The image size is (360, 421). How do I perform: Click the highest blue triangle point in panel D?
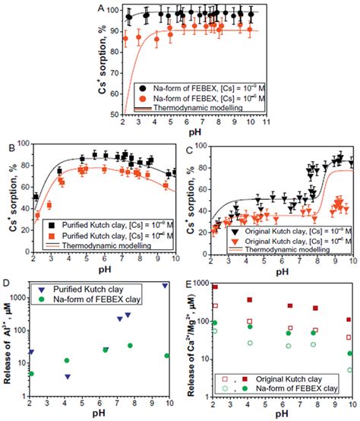[x=166, y=286]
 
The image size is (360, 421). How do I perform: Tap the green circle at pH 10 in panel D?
[x=166, y=356]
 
